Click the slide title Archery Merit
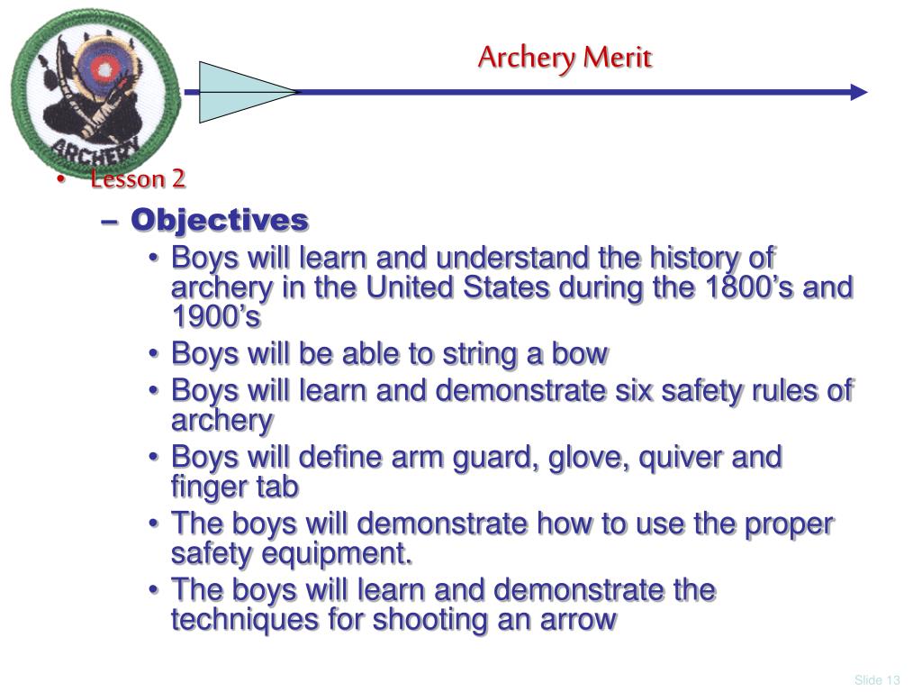(x=565, y=58)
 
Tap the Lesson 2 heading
(x=138, y=179)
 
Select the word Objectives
(x=220, y=220)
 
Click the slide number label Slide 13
(x=878, y=679)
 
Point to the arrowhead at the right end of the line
(x=859, y=92)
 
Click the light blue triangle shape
(x=239, y=92)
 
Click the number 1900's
(x=216, y=318)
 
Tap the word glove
(x=578, y=458)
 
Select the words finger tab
(x=235, y=487)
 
